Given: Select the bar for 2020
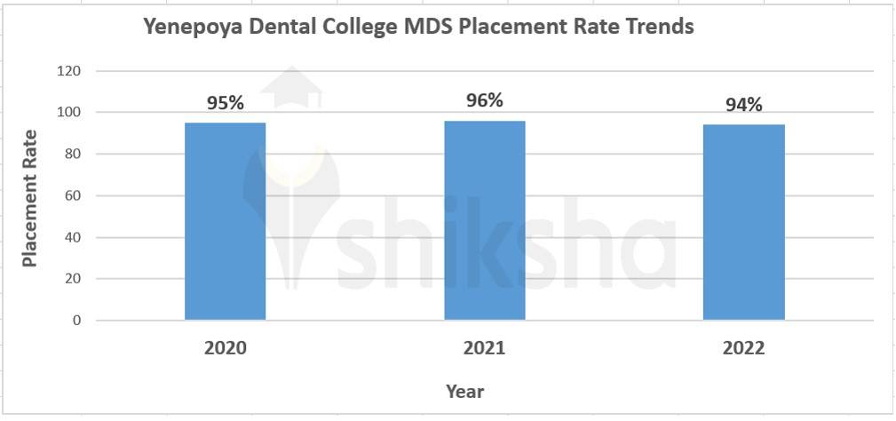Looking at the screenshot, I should click(225, 220).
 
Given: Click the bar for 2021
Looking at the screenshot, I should click(485, 219).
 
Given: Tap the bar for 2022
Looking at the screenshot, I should click(744, 222).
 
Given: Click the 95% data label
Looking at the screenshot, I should click(226, 102).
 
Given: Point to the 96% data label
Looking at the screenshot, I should click(485, 100).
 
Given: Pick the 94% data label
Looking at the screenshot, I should click(744, 105).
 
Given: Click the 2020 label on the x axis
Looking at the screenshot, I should click(226, 348).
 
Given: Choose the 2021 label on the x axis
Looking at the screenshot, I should click(485, 348).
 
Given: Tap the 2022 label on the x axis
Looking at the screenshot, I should click(744, 348).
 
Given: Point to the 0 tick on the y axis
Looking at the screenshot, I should click(76, 321).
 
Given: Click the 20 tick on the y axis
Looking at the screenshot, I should click(73, 279).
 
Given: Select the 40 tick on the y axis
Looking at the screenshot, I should click(73, 237).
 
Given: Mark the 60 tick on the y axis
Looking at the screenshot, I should click(73, 195).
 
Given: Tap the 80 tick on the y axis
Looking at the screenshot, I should click(73, 154).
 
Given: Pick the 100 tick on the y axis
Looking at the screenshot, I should click(69, 112).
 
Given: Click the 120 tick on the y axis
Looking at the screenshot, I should click(69, 71).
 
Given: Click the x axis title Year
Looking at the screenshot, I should click(465, 391).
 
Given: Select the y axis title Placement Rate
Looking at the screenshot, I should click(30, 198).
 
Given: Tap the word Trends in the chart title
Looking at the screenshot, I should click(658, 27).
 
